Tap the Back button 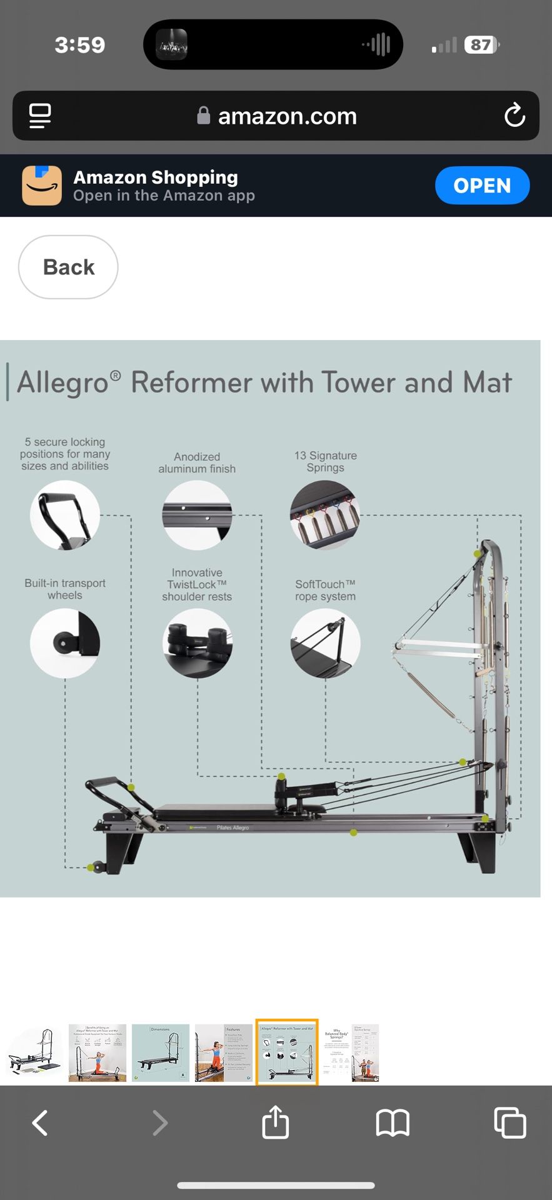68,267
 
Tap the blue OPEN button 482,186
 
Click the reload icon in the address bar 514,116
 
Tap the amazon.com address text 287,116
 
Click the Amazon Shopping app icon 42,186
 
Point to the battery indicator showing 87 481,45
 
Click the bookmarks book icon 392,1122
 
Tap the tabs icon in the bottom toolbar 509,1122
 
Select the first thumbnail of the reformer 34,1052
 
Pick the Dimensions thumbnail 161,1052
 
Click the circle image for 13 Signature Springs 325,515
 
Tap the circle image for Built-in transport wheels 65,643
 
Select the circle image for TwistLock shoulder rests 197,643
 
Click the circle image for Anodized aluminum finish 197,515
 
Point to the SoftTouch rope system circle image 325,643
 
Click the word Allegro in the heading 63,382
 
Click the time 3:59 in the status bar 79,45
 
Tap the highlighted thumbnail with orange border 287,1052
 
